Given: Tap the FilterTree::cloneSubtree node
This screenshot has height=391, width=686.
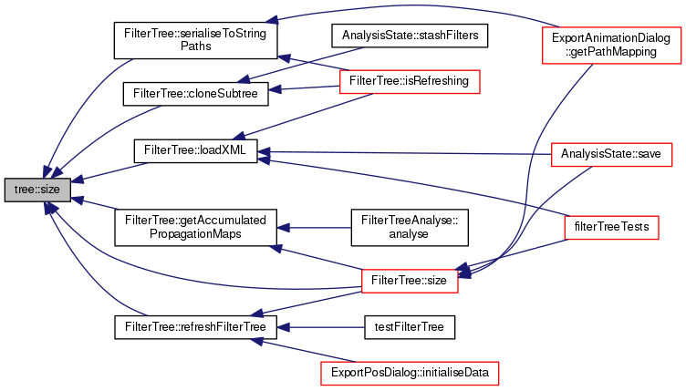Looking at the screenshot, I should [x=195, y=93].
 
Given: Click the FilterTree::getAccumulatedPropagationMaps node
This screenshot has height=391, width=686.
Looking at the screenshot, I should [x=195, y=227].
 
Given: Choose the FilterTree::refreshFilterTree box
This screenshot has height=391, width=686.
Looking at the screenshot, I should [x=195, y=325].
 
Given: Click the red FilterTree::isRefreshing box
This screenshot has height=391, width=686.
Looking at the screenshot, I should [x=410, y=81].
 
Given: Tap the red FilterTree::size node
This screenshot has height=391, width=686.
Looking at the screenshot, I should [x=410, y=280].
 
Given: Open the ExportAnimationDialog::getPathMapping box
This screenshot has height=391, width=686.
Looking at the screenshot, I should [x=611, y=45].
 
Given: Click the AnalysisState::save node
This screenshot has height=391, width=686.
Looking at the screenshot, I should [x=611, y=151].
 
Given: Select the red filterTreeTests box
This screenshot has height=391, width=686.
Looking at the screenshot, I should [x=611, y=223].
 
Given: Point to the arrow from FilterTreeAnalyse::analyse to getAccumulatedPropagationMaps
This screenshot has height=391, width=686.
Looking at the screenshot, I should [x=315, y=227].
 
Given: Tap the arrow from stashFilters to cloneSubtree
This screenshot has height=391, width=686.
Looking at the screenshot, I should [x=283, y=64].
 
